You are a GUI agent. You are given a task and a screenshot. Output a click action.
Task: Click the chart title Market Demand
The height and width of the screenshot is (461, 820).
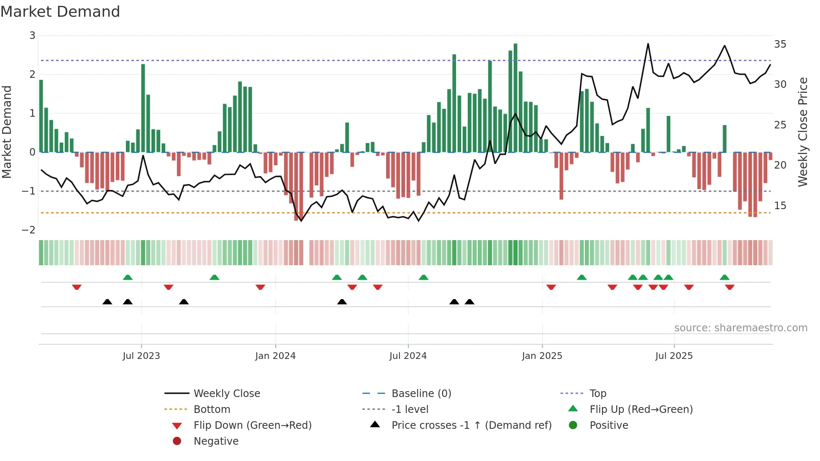(60, 12)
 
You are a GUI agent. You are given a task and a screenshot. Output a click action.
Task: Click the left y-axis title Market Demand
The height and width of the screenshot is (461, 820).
(7, 132)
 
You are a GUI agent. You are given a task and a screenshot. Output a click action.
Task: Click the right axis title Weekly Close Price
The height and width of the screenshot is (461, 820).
(802, 132)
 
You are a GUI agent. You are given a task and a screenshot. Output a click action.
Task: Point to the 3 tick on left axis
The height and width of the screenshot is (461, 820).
(32, 36)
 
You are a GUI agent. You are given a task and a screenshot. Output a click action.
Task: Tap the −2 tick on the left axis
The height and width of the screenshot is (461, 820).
(29, 230)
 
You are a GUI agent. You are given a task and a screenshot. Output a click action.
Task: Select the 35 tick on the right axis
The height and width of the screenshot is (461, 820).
(780, 44)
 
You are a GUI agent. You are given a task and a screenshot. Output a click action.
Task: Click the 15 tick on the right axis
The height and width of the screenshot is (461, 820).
(780, 206)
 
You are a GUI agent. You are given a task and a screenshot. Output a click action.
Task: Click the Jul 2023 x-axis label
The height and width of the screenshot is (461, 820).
(141, 356)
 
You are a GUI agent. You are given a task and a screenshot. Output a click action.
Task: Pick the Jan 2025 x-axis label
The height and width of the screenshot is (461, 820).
(542, 356)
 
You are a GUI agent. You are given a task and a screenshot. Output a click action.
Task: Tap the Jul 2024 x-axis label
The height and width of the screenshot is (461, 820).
(408, 356)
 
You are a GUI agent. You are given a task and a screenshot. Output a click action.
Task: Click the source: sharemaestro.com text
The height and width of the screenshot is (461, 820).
(741, 328)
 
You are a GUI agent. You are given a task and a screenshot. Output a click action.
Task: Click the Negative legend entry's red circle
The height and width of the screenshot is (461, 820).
(177, 441)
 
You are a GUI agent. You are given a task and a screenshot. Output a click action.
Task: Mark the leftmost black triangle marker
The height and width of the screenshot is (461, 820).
(108, 302)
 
